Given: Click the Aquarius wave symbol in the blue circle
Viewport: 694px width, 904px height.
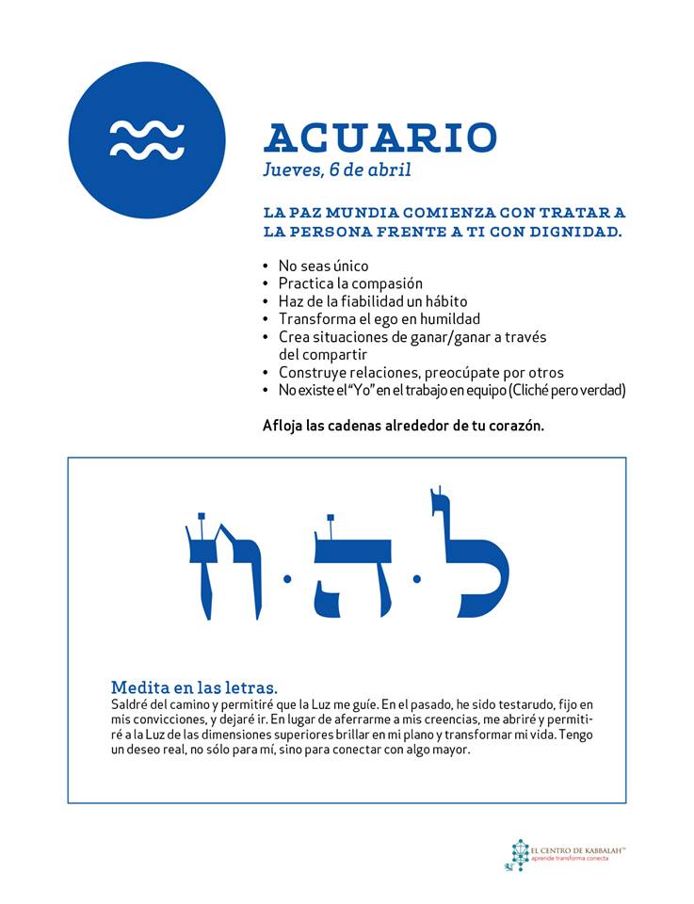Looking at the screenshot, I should tap(147, 139).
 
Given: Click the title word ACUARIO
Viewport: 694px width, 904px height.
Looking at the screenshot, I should tap(379, 138).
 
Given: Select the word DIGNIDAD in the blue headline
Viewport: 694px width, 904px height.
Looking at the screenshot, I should tap(576, 231).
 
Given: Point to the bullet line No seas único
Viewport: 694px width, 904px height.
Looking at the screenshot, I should tap(323, 266).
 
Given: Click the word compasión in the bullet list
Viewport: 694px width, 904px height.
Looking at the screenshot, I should tap(386, 283).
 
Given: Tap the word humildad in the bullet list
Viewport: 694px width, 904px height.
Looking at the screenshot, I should tap(448, 319).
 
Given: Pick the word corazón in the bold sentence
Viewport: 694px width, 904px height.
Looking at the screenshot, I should tap(516, 425).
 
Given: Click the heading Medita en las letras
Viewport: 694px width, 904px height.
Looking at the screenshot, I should tap(194, 686).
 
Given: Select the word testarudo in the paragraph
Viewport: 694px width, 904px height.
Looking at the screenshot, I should tap(519, 705).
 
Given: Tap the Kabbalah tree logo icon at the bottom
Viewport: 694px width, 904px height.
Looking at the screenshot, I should tap(517, 855).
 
